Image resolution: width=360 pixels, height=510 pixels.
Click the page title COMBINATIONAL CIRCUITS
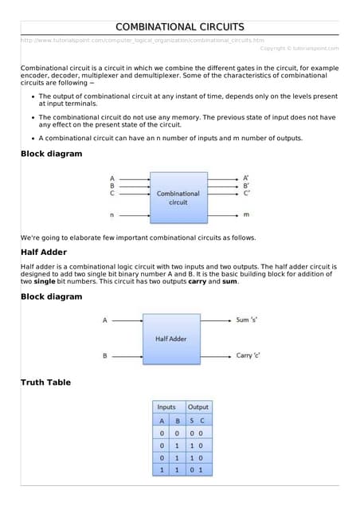pyautogui.click(x=180, y=28)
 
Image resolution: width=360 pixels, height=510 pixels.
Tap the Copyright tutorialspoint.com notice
pyautogui.click(x=299, y=48)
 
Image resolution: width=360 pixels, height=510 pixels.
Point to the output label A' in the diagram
pyautogui.click(x=247, y=178)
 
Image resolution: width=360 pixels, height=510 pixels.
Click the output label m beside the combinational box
pyautogui.click(x=246, y=215)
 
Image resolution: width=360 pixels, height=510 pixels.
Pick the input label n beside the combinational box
pyautogui.click(x=112, y=215)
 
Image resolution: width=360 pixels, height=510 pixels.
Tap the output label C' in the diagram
pyautogui.click(x=247, y=193)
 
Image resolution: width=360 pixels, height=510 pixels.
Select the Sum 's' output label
pyautogui.click(x=248, y=320)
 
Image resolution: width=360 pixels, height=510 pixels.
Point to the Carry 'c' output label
pyautogui.click(x=248, y=355)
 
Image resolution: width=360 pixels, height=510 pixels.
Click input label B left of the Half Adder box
pyautogui.click(x=104, y=355)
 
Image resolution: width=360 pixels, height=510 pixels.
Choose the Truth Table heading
pyautogui.click(x=45, y=383)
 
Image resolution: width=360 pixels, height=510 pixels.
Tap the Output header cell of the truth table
pyautogui.click(x=198, y=407)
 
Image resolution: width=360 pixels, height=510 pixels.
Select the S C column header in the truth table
pyautogui.click(x=198, y=420)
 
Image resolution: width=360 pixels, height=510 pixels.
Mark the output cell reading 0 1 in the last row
pyautogui.click(x=198, y=470)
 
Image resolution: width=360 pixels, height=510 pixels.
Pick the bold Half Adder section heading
pyautogui.click(x=45, y=253)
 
